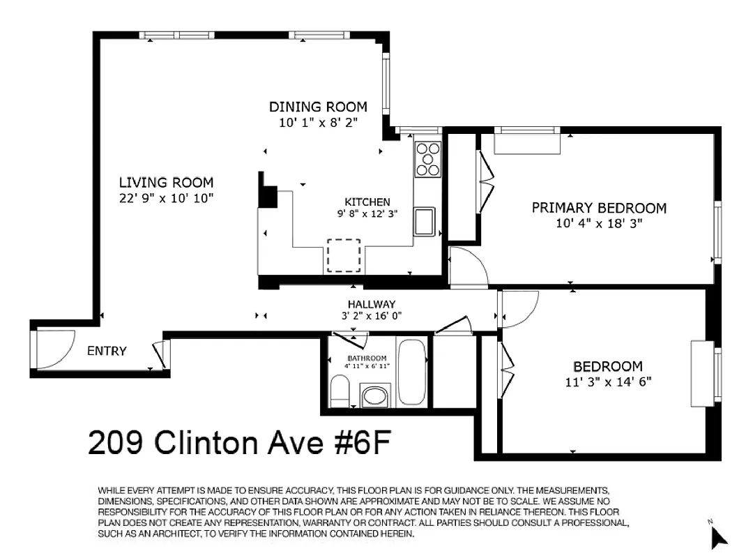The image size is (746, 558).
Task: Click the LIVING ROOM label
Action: coord(166,183)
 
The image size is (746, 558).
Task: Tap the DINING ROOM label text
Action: coord(318,107)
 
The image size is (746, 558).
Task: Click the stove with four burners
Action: coord(427,159)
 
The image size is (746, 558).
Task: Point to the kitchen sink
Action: coord(425,222)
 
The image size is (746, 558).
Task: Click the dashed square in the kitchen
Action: coord(344,256)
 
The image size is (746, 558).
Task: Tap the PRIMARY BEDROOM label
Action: coord(599,208)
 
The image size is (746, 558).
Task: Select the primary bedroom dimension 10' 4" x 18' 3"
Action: coord(599,223)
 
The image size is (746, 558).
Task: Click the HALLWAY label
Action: coord(372,304)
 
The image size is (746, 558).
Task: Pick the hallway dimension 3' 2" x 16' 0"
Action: coord(372,315)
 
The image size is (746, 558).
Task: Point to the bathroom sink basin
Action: coord(376,395)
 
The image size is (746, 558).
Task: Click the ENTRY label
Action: coord(107,351)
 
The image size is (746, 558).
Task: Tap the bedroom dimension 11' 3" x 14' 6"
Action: coord(607,382)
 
